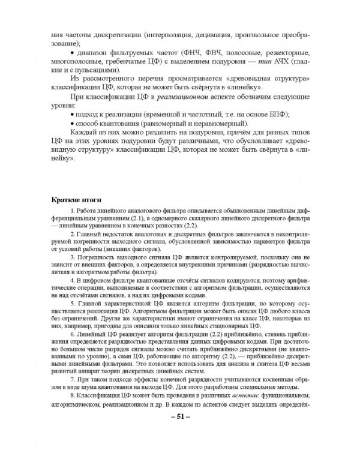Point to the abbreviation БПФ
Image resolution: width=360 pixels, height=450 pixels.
271,114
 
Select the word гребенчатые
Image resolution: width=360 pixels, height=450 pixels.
137,62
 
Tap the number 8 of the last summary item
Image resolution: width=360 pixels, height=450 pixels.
71,406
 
